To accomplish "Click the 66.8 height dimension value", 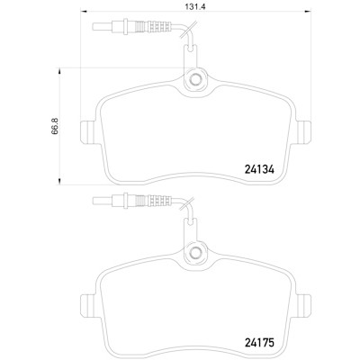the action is coord(56,126).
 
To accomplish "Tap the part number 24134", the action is coord(259,170).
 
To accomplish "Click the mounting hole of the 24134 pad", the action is coord(195,79).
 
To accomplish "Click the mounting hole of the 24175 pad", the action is coord(195,253).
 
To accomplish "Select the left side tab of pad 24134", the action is coord(88,132).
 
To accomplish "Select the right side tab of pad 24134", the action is coord(303,132).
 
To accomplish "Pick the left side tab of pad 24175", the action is coord(88,305).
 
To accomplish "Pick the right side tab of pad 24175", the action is coord(303,305).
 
